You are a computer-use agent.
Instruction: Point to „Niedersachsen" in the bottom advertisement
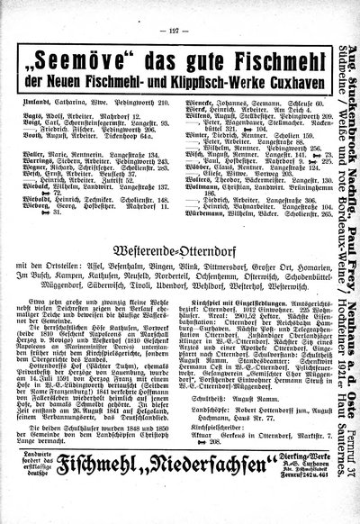tap(191, 491)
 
